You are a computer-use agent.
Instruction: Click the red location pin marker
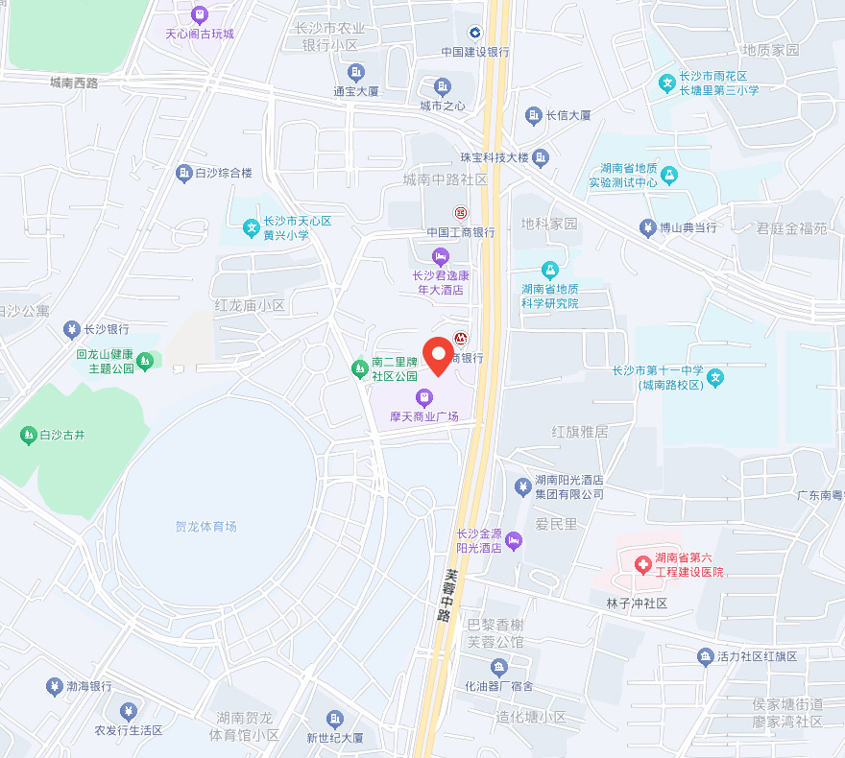point(439,355)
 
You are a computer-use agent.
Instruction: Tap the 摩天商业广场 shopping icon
point(423,397)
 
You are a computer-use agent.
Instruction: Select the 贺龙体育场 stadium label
point(205,527)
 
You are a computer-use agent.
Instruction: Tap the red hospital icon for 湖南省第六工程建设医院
point(641,564)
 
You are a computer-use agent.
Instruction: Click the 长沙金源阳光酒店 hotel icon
point(514,541)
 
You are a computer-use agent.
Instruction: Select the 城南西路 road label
point(74,83)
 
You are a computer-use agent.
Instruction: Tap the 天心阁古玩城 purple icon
point(199,14)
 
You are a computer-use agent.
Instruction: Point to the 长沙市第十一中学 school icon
point(715,378)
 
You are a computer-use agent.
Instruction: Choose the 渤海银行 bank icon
point(54,686)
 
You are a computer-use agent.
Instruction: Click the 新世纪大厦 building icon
point(334,719)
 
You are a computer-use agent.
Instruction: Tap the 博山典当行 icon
point(646,227)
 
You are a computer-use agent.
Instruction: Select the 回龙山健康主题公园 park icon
point(145,361)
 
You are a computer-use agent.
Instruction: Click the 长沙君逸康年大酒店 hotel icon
point(440,256)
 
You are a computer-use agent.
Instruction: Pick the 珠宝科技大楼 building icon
point(542,156)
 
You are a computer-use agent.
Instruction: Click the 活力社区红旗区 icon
point(705,656)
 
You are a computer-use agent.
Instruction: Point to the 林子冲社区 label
point(636,604)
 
